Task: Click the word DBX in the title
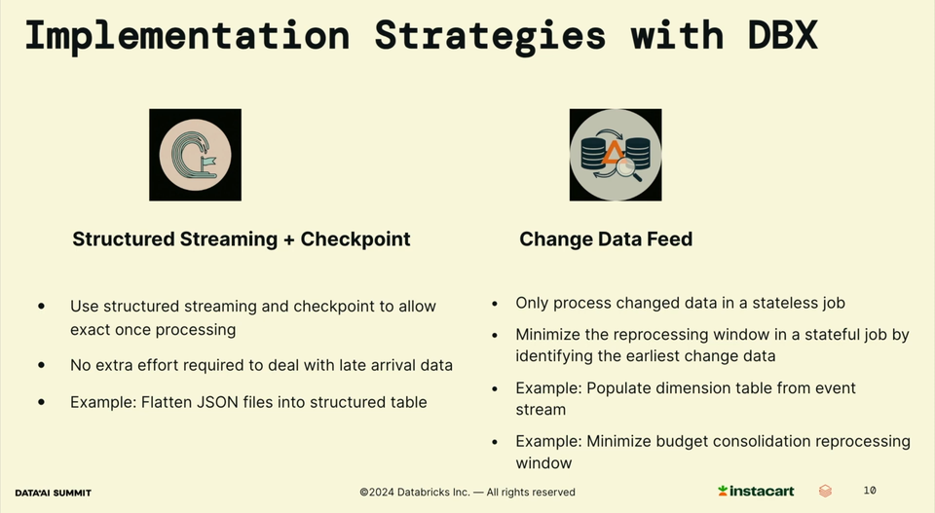click(x=782, y=35)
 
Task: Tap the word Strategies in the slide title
click(x=490, y=37)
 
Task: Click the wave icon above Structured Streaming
click(x=195, y=155)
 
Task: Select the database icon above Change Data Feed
click(x=616, y=155)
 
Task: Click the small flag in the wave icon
click(x=208, y=161)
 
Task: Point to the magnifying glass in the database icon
click(x=628, y=169)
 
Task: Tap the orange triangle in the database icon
click(x=613, y=152)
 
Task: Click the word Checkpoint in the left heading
click(x=355, y=238)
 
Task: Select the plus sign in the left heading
click(x=288, y=239)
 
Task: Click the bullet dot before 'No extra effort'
click(x=41, y=365)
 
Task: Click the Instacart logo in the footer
click(x=756, y=491)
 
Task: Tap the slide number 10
click(x=870, y=491)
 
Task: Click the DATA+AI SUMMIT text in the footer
click(x=53, y=493)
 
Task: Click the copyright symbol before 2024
click(x=363, y=493)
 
